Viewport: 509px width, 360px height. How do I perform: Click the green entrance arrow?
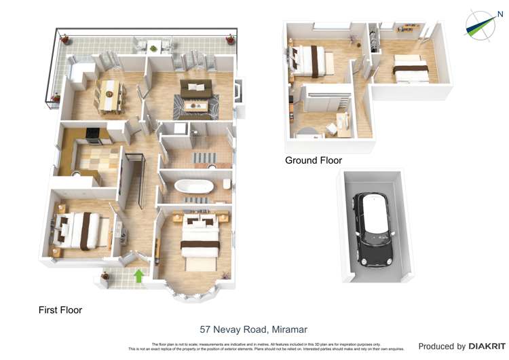click(139, 276)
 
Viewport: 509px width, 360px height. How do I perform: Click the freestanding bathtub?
click(194, 185)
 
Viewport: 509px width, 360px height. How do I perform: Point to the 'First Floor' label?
click(60, 310)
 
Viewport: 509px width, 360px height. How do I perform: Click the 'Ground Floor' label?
click(313, 160)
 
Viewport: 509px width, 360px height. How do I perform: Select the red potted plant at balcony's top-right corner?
click(231, 38)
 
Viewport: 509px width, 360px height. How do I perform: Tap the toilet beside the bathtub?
click(227, 185)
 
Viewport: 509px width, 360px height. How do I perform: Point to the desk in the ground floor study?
click(341, 122)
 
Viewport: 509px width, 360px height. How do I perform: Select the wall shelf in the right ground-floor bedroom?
click(406, 29)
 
